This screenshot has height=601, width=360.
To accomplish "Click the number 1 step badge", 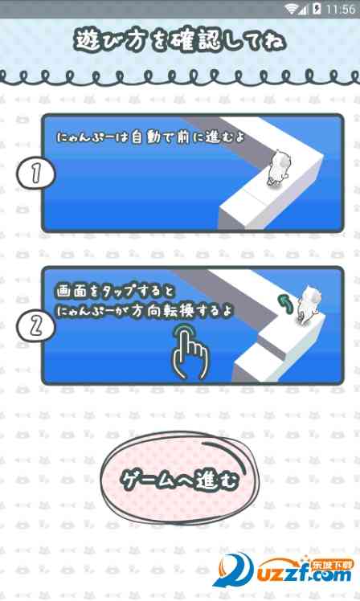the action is [x=35, y=174].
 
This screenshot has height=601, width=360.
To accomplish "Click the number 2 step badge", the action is [x=36, y=325].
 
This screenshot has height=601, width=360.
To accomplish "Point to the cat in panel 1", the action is [x=277, y=169].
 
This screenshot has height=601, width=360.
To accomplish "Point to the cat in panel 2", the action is [x=309, y=303].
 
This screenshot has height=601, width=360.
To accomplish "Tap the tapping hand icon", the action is [x=190, y=350].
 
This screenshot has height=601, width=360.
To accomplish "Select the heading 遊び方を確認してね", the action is [x=179, y=42].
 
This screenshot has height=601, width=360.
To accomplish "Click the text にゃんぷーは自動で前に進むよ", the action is [x=150, y=137].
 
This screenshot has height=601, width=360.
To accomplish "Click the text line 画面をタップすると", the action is [x=115, y=292].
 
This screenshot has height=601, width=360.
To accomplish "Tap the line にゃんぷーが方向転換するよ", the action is [x=145, y=311].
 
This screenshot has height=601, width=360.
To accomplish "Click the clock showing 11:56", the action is [x=340, y=9].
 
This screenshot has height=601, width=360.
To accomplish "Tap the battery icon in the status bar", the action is [x=317, y=9].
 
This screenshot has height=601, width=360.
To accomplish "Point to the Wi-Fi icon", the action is [x=292, y=9].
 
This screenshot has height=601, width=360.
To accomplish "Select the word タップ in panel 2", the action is [x=121, y=292].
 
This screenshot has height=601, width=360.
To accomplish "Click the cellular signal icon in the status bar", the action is [x=304, y=10].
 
